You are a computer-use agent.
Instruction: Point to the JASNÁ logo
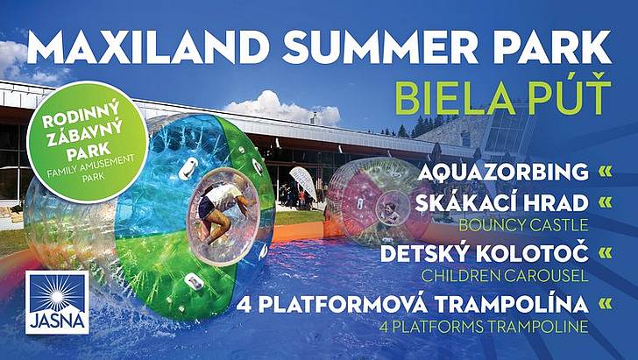(57, 303)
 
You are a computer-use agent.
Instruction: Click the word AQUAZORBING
(503, 172)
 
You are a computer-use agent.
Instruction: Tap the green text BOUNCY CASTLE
(524, 225)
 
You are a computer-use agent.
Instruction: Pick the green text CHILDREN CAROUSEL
(505, 276)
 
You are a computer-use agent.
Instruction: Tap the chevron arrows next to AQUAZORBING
(606, 172)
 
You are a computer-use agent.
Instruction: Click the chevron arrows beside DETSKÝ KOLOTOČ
(606, 253)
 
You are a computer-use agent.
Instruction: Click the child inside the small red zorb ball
(391, 211)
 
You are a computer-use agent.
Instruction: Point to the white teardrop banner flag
(303, 183)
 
